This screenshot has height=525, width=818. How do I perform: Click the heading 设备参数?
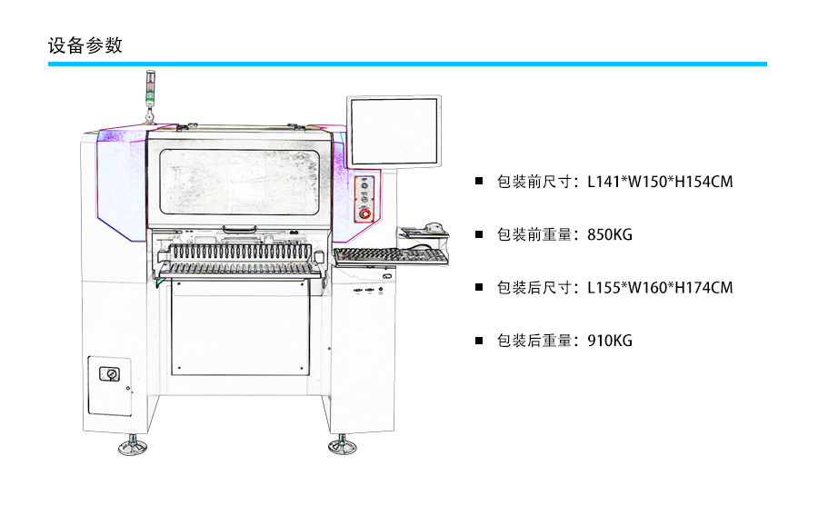point(85,45)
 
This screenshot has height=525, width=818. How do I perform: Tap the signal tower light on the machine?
point(150,91)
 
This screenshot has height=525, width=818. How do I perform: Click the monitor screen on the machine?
point(394,132)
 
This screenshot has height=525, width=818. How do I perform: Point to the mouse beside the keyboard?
point(432,228)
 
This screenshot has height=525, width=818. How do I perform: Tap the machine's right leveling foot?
point(342,446)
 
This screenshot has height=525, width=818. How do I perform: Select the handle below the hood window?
point(238,228)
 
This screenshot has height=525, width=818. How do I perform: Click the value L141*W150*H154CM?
point(660,182)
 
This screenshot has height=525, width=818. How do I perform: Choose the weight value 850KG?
point(610,235)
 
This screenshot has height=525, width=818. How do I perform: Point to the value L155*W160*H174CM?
point(660,288)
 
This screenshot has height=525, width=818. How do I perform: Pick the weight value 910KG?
point(610,341)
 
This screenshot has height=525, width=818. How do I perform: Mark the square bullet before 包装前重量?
point(479,235)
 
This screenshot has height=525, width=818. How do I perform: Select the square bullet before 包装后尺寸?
point(479,288)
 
